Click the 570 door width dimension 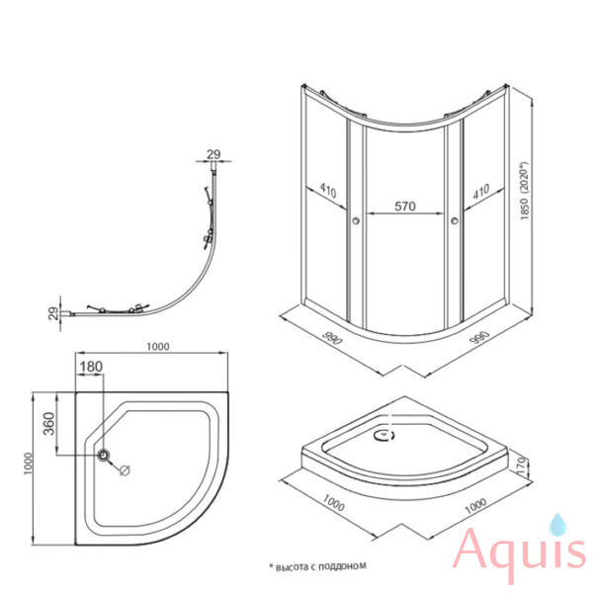405,207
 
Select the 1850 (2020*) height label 524,191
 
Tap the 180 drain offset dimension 91,367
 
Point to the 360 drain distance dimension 49,424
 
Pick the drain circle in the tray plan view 103,455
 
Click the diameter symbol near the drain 125,470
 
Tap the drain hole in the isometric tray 385,435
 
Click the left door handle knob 356,220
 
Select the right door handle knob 455,220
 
